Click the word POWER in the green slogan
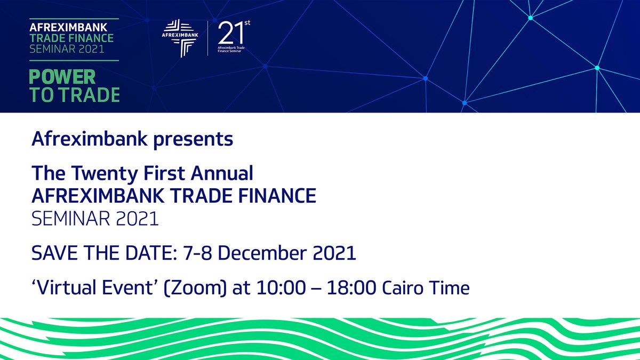(x=62, y=77)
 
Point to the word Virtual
(x=68, y=289)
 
